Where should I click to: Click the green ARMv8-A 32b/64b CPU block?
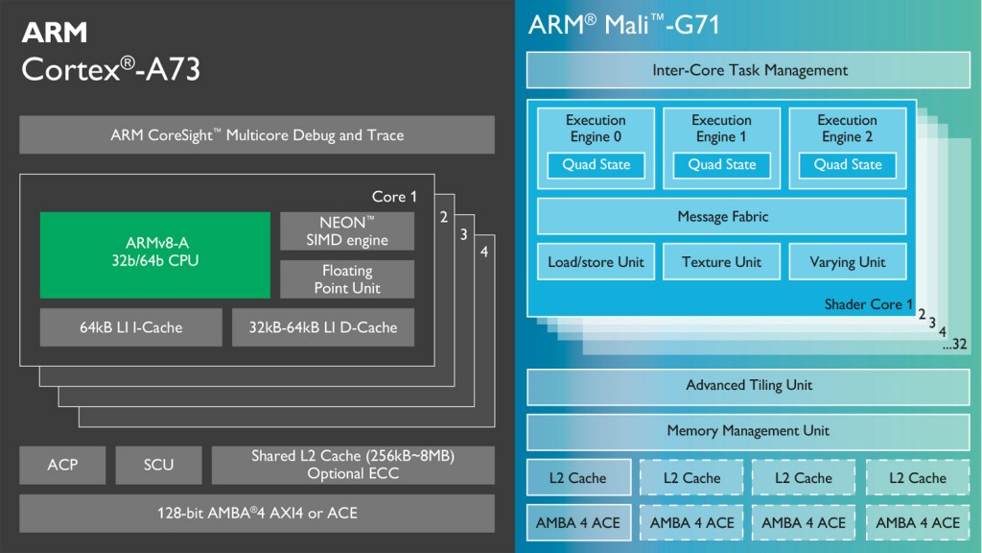[x=154, y=254]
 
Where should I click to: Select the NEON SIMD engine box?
[x=347, y=231]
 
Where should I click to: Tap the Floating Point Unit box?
[x=347, y=279]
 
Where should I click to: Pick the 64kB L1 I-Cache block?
[x=130, y=327]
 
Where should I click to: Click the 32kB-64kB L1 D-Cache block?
[x=323, y=327]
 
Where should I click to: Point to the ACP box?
[x=62, y=465]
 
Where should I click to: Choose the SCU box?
[x=158, y=465]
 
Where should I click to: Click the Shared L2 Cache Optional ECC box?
[x=353, y=465]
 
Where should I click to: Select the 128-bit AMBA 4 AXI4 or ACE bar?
[x=257, y=513]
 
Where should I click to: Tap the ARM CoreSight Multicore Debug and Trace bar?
[x=257, y=135]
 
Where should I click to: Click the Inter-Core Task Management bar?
[x=749, y=70]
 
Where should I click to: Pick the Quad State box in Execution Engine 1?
[x=721, y=165]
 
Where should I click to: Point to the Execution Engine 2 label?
[x=847, y=129]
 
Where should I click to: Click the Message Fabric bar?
[x=721, y=217]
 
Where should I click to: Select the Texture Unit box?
[x=721, y=262]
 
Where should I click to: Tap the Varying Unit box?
[x=847, y=262]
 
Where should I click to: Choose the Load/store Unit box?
[x=596, y=262]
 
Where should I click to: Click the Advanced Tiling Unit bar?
[x=749, y=386]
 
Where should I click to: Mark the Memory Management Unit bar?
[x=749, y=431]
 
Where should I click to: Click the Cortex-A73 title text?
[x=110, y=69]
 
